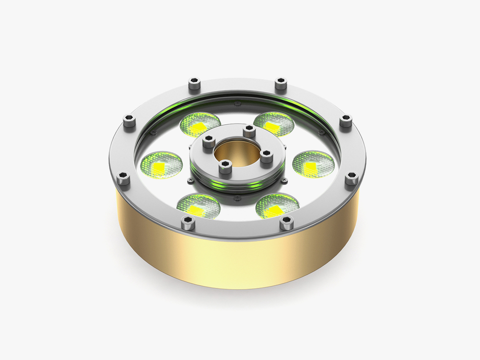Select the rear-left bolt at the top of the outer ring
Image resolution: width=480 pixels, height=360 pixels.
click(194, 83)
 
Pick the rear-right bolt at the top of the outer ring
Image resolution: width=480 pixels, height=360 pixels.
click(281, 83)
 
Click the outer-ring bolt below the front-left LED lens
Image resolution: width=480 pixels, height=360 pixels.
click(188, 223)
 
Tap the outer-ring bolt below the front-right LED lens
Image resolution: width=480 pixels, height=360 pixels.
click(286, 223)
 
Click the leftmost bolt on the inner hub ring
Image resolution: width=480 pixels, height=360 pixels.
click(209, 143)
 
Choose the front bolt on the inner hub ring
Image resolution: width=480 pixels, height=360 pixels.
click(225, 167)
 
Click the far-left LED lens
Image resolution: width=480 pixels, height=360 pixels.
click(160, 165)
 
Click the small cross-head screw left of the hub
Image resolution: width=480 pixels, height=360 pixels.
click(190, 180)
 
